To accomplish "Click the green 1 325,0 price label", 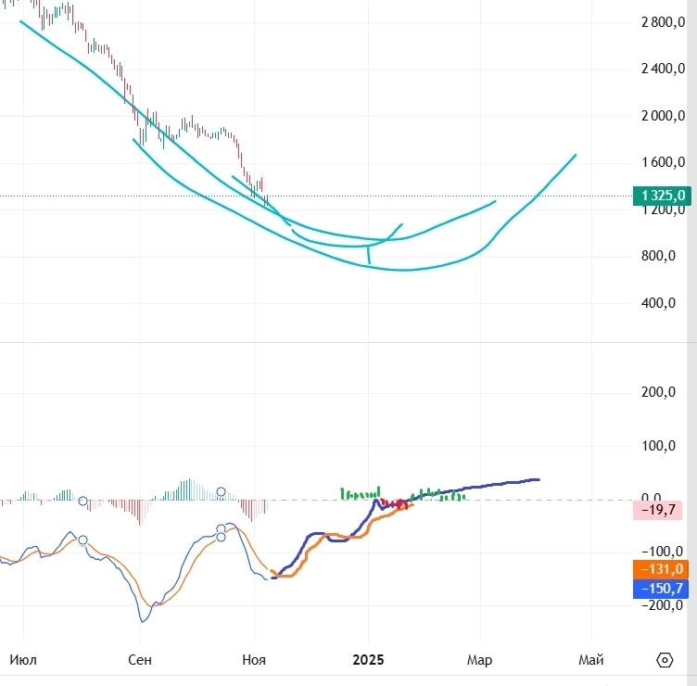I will click(x=661, y=196).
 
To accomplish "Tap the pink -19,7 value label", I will click(x=658, y=509).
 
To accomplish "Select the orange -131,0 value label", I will click(x=659, y=569).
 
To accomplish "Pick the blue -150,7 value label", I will click(x=659, y=589).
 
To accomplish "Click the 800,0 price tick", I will click(x=662, y=256).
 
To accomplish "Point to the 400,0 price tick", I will click(x=662, y=303).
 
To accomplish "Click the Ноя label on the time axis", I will click(x=254, y=660).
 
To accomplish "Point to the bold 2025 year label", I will click(x=368, y=660).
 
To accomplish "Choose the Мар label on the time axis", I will click(x=480, y=660).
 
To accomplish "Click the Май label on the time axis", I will click(x=591, y=660).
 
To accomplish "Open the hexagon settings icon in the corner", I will click(x=664, y=660).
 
